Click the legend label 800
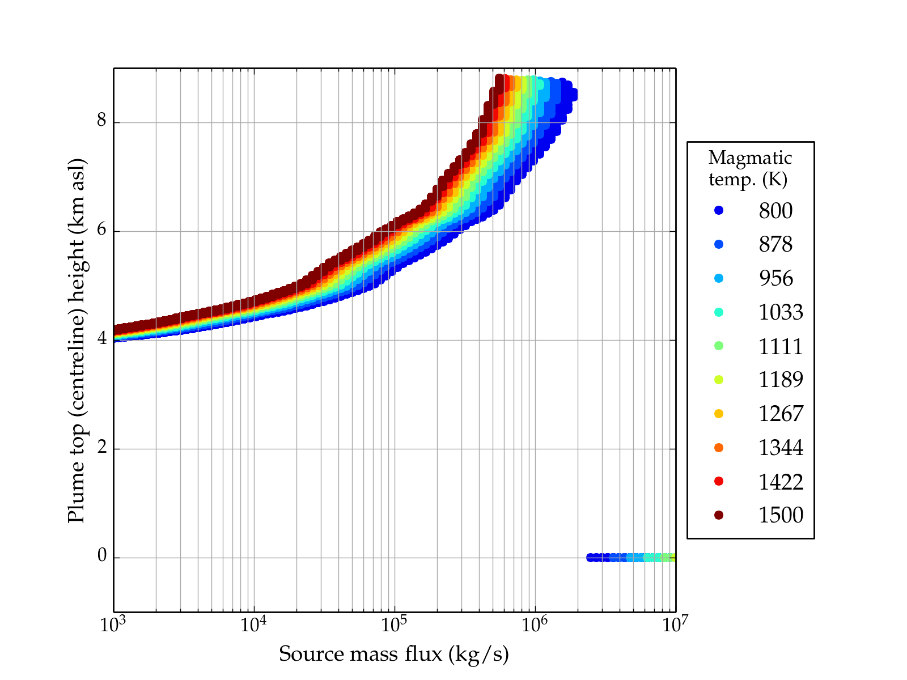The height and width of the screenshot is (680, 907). click(x=775, y=211)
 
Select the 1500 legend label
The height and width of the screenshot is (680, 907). click(x=781, y=515)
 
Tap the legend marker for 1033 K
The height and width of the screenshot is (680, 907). click(x=719, y=312)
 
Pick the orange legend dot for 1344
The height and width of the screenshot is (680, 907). click(x=719, y=448)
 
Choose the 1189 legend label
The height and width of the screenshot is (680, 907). click(x=781, y=380)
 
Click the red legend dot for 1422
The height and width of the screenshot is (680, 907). click(x=719, y=481)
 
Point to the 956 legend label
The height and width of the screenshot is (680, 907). click(x=775, y=278)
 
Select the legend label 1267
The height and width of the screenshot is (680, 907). click(x=781, y=414)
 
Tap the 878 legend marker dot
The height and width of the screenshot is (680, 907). click(x=719, y=244)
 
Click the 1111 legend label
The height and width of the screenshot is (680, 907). click(x=781, y=346)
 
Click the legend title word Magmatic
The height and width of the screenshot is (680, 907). click(x=750, y=158)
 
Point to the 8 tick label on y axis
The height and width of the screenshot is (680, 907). click(x=102, y=121)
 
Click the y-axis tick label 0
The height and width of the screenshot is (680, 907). click(x=102, y=556)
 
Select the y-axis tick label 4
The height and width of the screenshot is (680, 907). click(x=102, y=339)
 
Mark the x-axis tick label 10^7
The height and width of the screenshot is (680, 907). click(x=675, y=625)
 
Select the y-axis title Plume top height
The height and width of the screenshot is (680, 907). click(x=76, y=340)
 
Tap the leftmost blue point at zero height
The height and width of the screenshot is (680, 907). click(x=590, y=558)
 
